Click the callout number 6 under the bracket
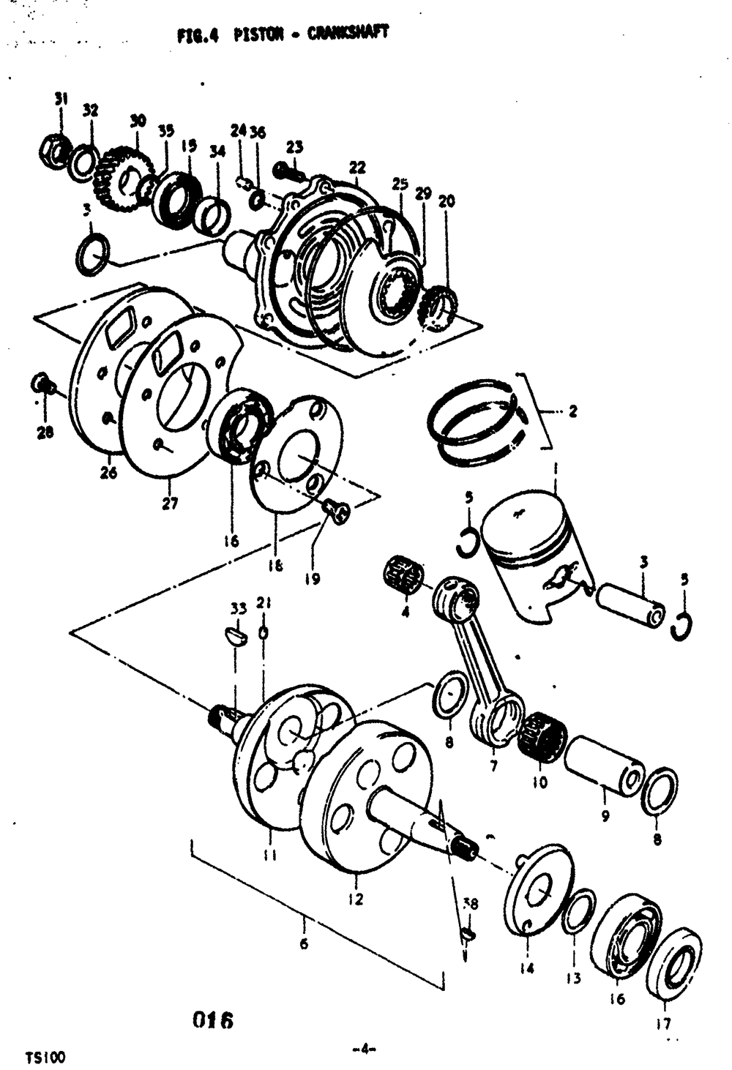point(304,943)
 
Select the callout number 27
point(169,504)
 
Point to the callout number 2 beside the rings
point(572,412)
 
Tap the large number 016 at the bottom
point(212,1020)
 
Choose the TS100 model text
point(45,1058)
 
